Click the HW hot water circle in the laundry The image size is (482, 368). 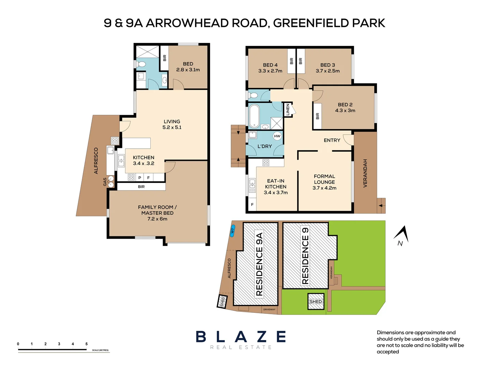pos(277,136)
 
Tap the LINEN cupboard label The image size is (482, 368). pos(288,110)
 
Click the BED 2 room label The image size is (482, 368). pos(345,107)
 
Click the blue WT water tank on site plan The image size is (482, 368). pos(233,231)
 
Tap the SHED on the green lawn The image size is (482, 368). pos(316,302)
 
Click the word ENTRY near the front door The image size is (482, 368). pos(332,140)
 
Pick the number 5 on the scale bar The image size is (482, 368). pos(86,344)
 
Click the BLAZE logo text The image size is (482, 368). pos(241,337)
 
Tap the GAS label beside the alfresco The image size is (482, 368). pos(105,182)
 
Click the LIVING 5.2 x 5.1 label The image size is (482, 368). pos(172,124)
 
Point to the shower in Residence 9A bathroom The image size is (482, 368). pos(148,51)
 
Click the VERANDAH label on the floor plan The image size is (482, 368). pos(365,173)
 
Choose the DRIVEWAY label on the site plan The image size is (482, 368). pos(269,309)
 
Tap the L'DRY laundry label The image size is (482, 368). pos(265,146)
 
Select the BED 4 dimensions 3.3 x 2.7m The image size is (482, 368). pos(270,71)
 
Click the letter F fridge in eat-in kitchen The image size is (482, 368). pos(252,204)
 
